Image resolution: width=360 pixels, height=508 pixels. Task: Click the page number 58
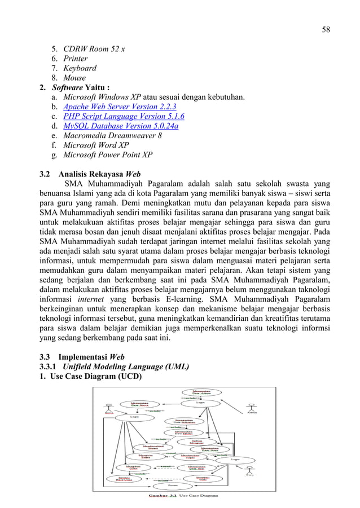[x=326, y=29]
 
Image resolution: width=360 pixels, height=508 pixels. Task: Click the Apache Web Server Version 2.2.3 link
[x=120, y=107]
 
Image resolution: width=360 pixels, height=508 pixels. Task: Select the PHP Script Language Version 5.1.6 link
[x=124, y=116]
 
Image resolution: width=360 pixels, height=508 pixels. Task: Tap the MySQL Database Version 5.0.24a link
[x=121, y=126]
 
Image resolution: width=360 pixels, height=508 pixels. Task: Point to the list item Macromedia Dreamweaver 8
[x=112, y=135]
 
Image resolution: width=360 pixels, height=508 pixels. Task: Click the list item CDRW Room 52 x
[x=94, y=49]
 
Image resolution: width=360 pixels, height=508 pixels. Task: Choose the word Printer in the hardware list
[x=76, y=59]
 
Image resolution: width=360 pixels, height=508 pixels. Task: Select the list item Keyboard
[x=80, y=68]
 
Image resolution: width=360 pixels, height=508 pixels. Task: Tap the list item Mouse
[x=74, y=78]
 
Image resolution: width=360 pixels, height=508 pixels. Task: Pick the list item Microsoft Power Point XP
[x=107, y=154]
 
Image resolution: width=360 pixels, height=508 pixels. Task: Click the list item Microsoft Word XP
[x=96, y=145]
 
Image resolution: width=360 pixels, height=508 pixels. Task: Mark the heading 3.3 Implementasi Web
[x=82, y=356]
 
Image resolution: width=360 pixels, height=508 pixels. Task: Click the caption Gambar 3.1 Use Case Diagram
[x=183, y=496]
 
